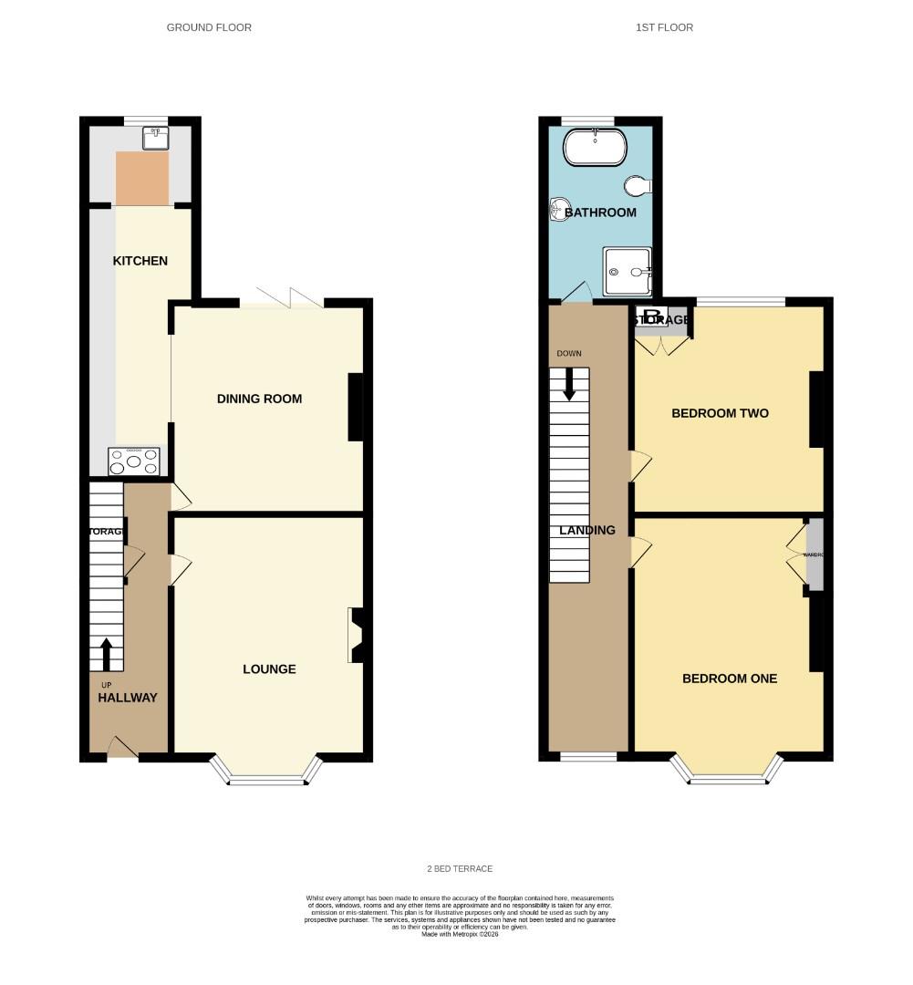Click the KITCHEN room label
tap(140, 261)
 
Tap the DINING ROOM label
tap(259, 399)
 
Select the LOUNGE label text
tap(269, 669)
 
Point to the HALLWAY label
tap(128, 698)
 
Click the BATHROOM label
tap(600, 213)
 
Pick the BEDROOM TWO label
tap(720, 413)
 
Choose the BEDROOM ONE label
tap(730, 679)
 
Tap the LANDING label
tap(587, 530)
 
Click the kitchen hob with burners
tap(135, 461)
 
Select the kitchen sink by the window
tap(155, 138)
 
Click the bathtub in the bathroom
tap(594, 146)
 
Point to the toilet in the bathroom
tap(638, 186)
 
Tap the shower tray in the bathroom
tap(628, 272)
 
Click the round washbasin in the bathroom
tap(559, 210)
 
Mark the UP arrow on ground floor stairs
tap(107, 655)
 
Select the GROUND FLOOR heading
tap(209, 27)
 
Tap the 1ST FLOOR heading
tap(664, 27)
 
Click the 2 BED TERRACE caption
tap(460, 868)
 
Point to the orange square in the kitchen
tap(142, 179)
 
